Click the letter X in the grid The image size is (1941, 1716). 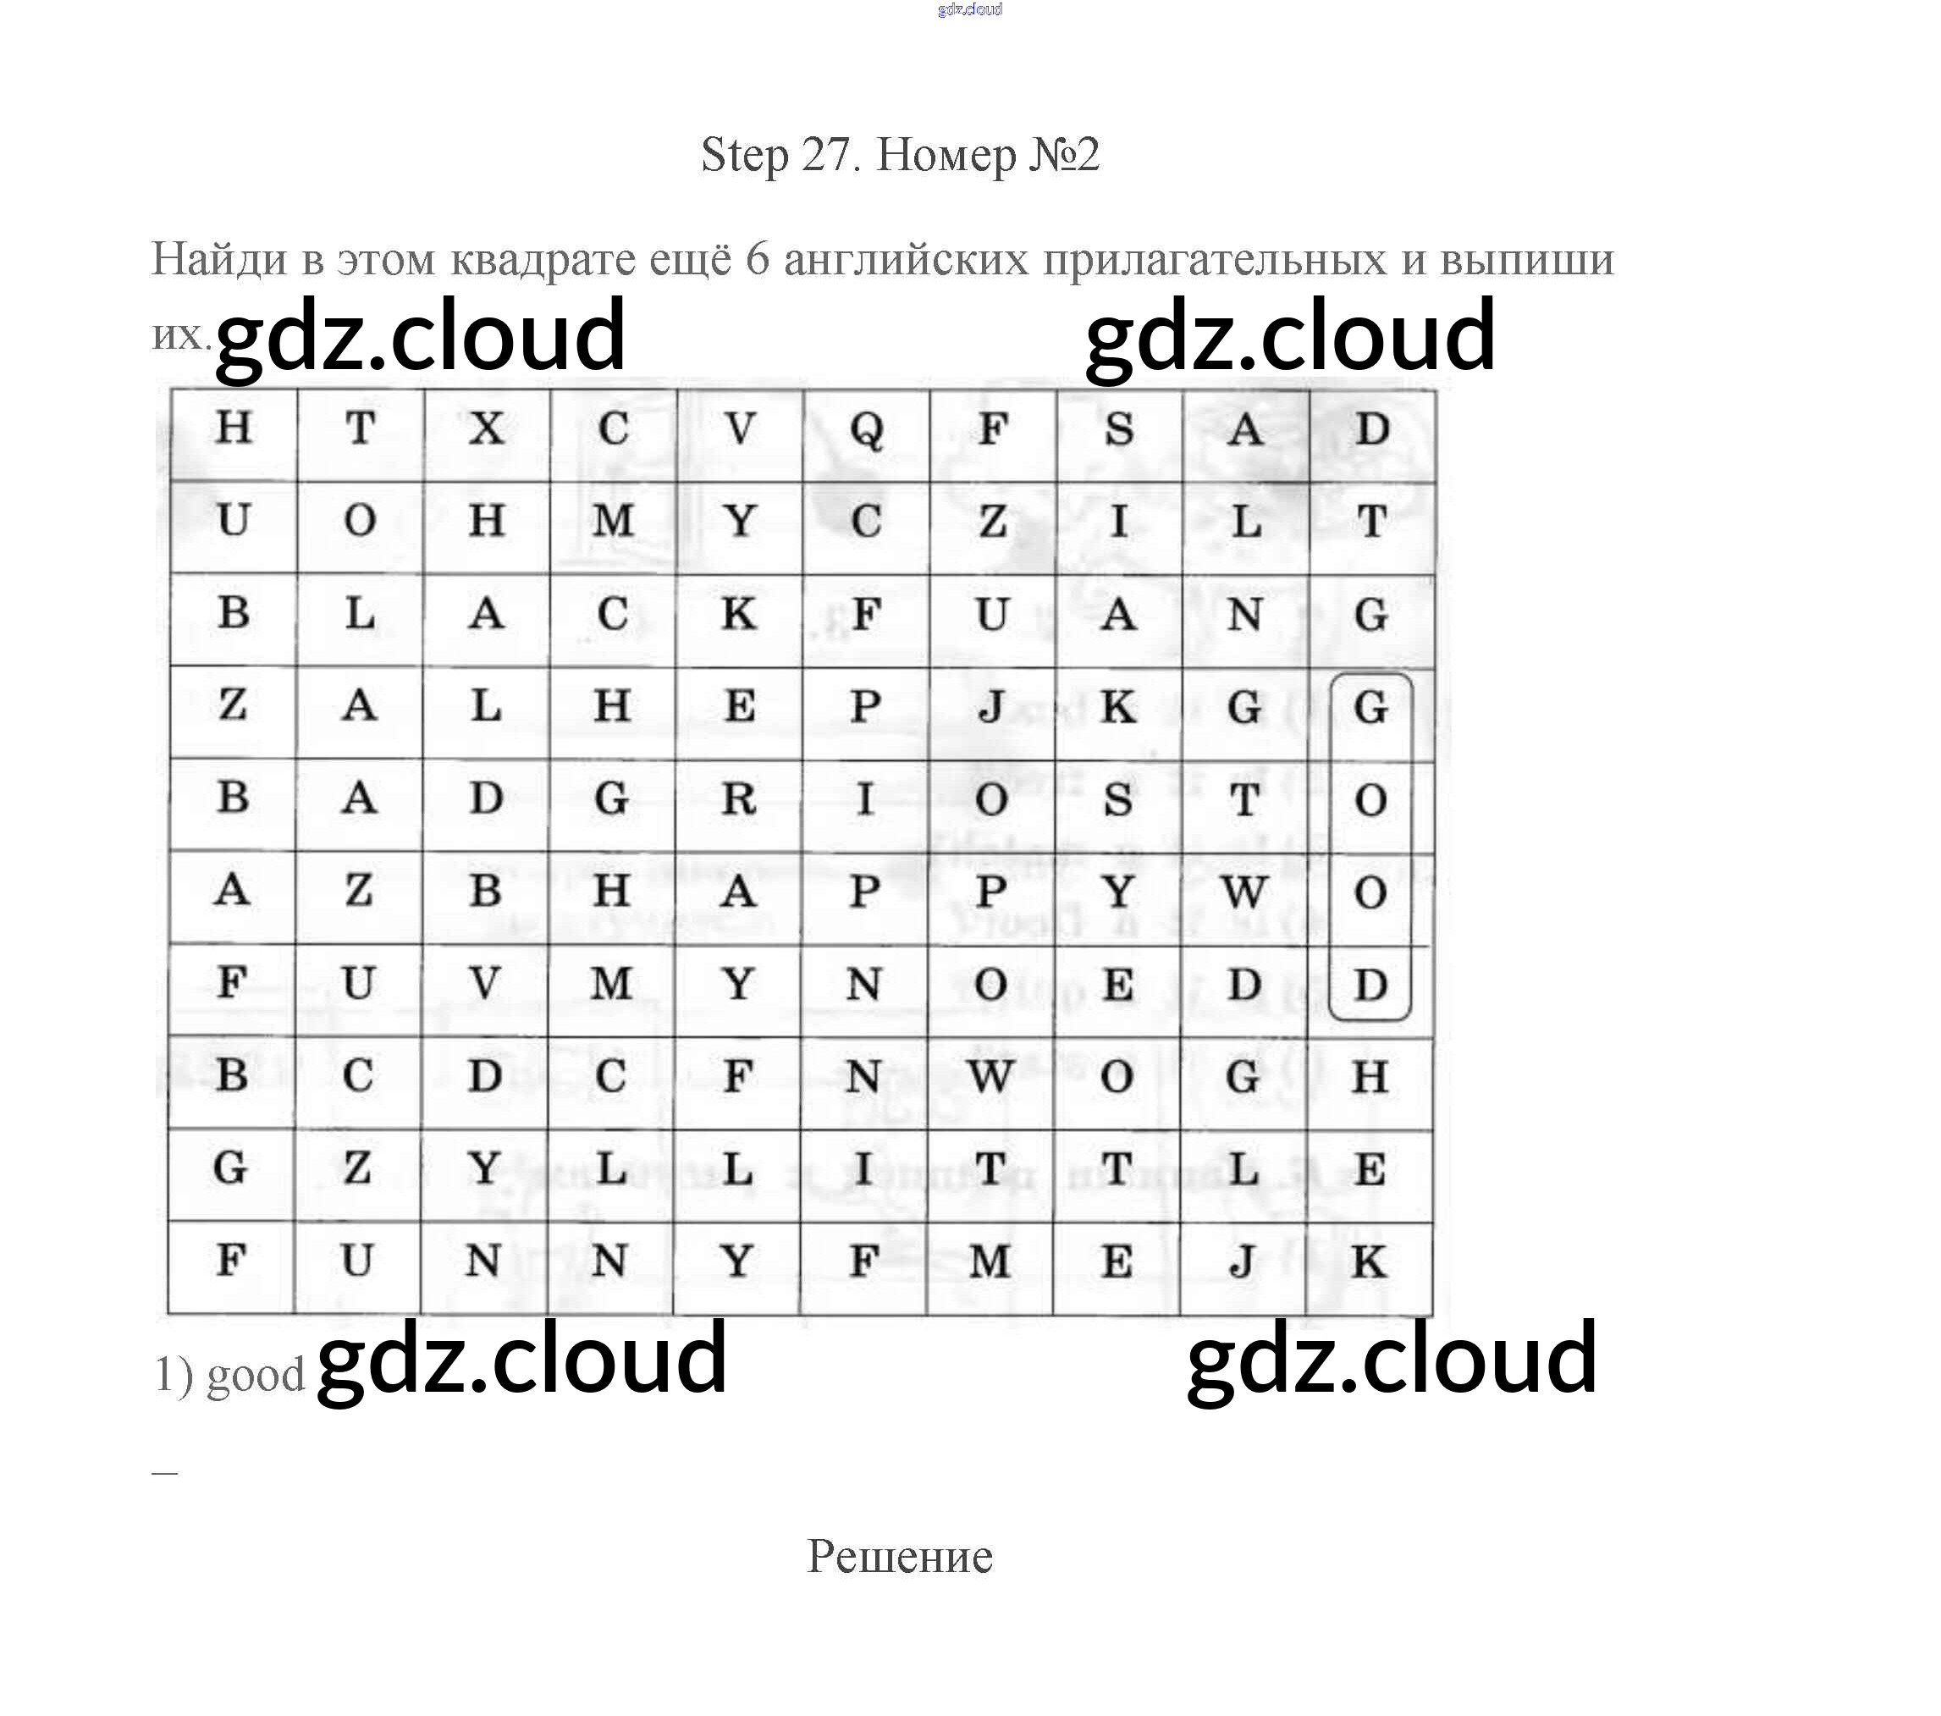[486, 428]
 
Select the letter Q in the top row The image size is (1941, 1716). [866, 430]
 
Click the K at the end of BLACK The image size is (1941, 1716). [739, 614]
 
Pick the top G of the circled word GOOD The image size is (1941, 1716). [1370, 708]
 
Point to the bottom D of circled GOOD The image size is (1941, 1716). [1370, 985]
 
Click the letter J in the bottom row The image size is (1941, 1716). [1243, 1262]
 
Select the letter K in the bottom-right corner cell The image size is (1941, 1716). [1369, 1262]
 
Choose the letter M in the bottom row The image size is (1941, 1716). [990, 1262]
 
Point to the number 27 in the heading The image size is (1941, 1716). [830, 154]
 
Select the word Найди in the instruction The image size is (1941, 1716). [219, 258]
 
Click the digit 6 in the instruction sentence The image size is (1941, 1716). [757, 258]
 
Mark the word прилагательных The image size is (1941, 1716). [1215, 260]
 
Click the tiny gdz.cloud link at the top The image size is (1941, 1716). [969, 9]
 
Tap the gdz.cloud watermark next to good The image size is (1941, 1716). [521, 1360]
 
